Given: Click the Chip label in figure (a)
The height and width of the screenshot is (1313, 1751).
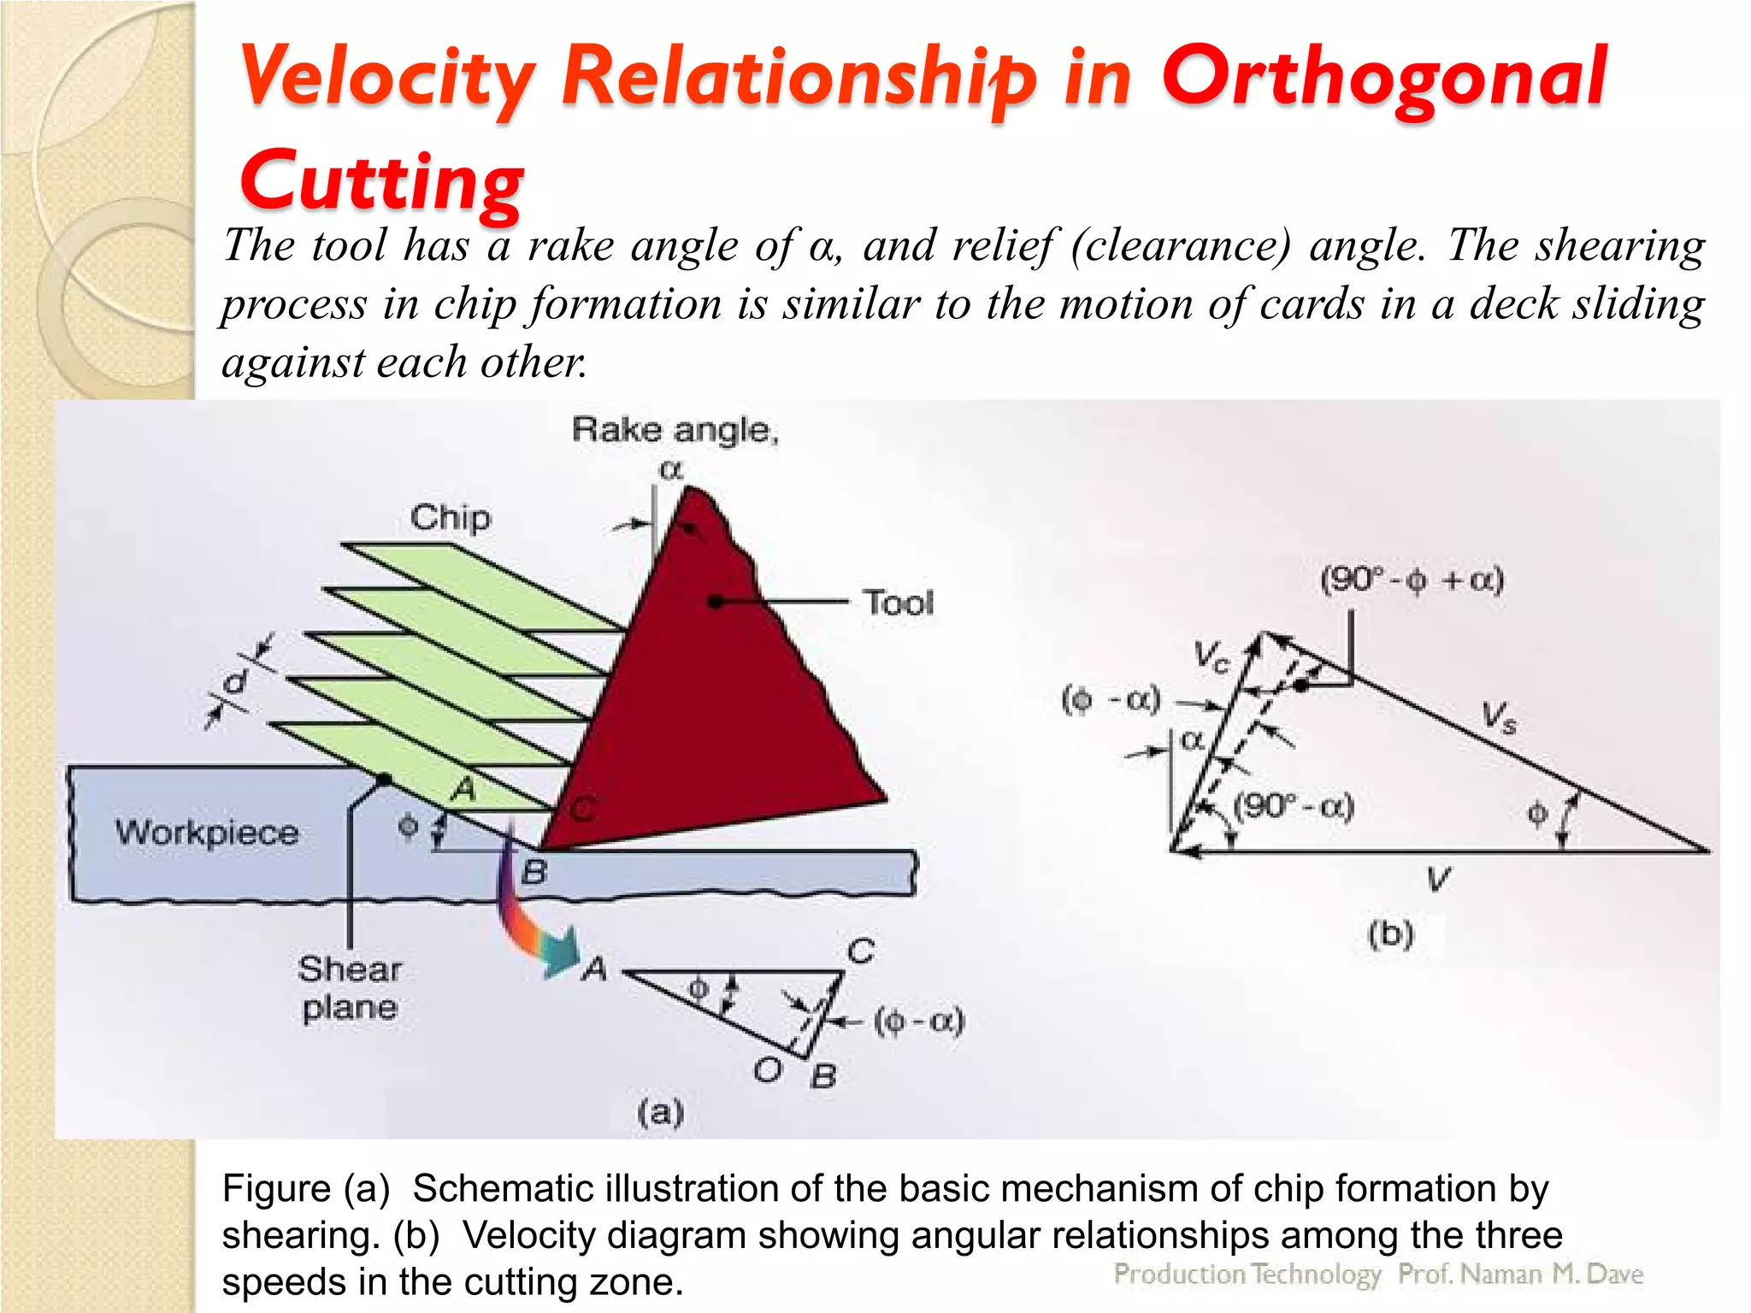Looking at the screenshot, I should (x=451, y=517).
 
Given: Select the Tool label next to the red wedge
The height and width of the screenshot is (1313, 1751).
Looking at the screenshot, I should (x=898, y=603).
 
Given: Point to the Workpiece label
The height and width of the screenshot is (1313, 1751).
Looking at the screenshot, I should (x=207, y=832).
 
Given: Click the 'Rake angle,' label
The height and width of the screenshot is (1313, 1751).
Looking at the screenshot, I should (x=675, y=429).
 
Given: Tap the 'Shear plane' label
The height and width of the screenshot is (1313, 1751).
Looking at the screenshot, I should (x=350, y=988).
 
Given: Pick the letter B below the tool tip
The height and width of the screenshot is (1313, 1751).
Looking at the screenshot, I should (x=534, y=873).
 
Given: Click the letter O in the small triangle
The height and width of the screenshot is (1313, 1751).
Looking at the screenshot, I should (x=767, y=1069).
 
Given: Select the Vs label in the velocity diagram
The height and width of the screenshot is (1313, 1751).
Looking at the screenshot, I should (x=1499, y=716).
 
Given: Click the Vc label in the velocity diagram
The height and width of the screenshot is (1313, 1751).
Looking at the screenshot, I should (x=1212, y=656).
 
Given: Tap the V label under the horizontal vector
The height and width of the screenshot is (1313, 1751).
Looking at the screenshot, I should (x=1438, y=879).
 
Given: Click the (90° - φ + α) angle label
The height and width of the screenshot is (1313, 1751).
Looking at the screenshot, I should (x=1411, y=580).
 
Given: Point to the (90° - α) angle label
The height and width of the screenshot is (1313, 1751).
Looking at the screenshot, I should (x=1294, y=806).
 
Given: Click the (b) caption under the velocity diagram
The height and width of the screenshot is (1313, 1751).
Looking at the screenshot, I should (x=1390, y=933).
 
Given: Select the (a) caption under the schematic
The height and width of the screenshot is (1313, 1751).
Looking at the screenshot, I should (x=660, y=1111).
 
